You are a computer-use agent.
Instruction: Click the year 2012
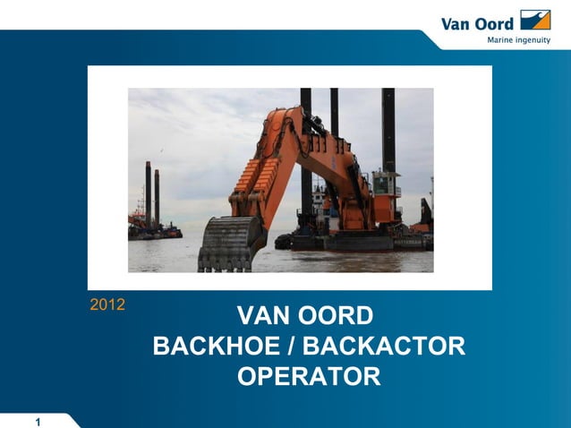click(x=107, y=304)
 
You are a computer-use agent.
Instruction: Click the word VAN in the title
click(x=264, y=316)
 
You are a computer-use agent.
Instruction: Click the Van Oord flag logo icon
click(x=535, y=20)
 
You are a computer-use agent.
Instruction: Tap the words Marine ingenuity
click(x=518, y=40)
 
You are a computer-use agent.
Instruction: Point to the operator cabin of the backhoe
click(x=385, y=188)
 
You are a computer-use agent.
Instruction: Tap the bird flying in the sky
click(x=161, y=150)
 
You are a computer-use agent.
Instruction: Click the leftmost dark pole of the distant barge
click(x=148, y=193)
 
